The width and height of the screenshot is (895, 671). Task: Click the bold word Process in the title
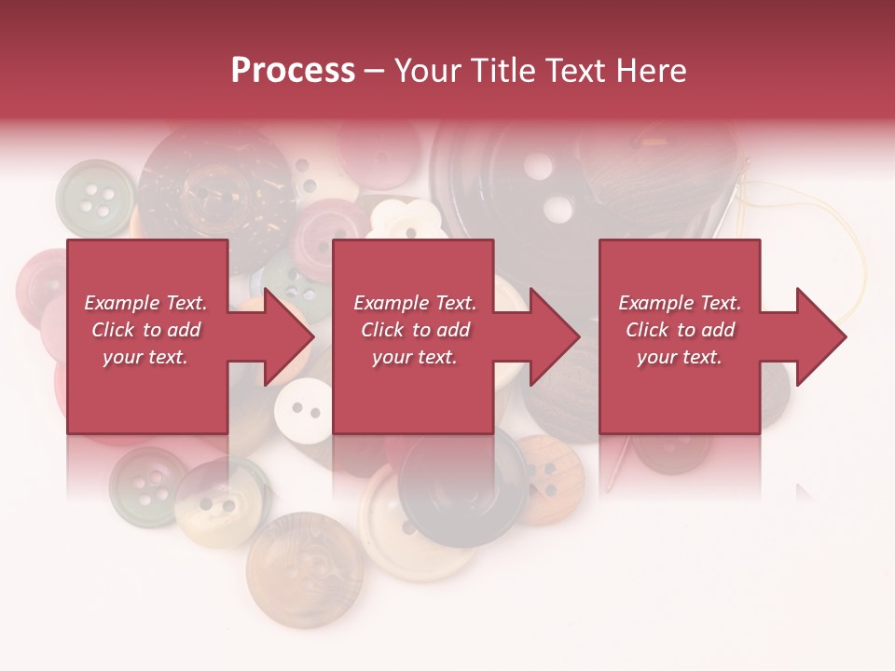tap(293, 71)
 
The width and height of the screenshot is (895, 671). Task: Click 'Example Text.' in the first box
tap(145, 303)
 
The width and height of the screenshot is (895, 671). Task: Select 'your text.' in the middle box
tap(414, 357)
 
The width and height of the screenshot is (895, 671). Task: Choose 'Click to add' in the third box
tap(681, 330)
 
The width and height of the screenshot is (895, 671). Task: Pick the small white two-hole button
tap(304, 409)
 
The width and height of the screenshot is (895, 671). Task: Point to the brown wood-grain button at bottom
tap(305, 568)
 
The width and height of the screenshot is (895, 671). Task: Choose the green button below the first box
tap(145, 485)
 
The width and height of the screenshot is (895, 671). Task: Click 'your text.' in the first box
tap(145, 357)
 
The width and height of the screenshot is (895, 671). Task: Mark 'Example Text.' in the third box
tap(680, 303)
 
